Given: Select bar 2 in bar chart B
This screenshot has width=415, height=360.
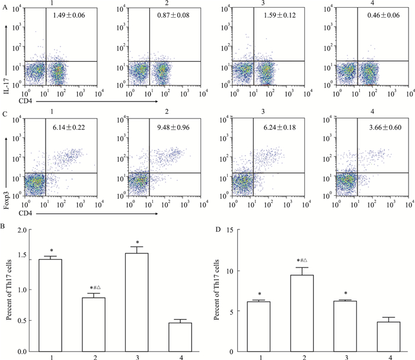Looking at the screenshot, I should click(x=94, y=324).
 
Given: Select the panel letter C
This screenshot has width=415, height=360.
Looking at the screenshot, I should click(x=5, y=116).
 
